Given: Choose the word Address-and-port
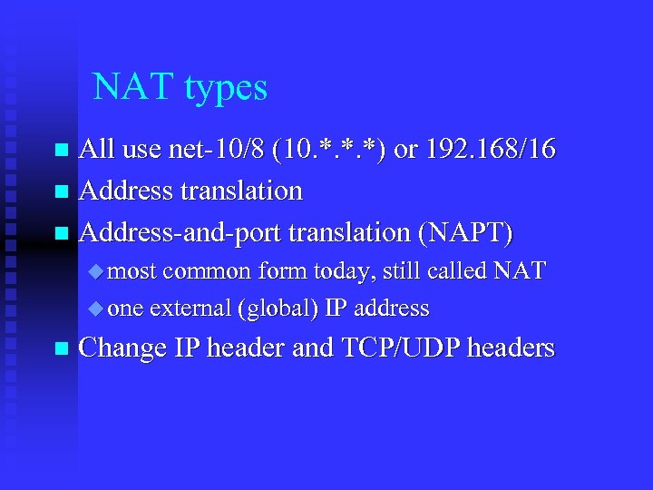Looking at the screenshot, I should click(x=180, y=233).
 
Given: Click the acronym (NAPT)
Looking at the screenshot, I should click(x=465, y=233).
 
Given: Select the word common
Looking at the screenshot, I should click(x=209, y=271).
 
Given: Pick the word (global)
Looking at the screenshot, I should click(x=277, y=309).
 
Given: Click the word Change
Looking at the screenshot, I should click(x=122, y=348).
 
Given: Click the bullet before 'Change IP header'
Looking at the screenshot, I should click(x=61, y=348).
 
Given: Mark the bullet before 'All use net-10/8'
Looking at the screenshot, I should click(x=61, y=150).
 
